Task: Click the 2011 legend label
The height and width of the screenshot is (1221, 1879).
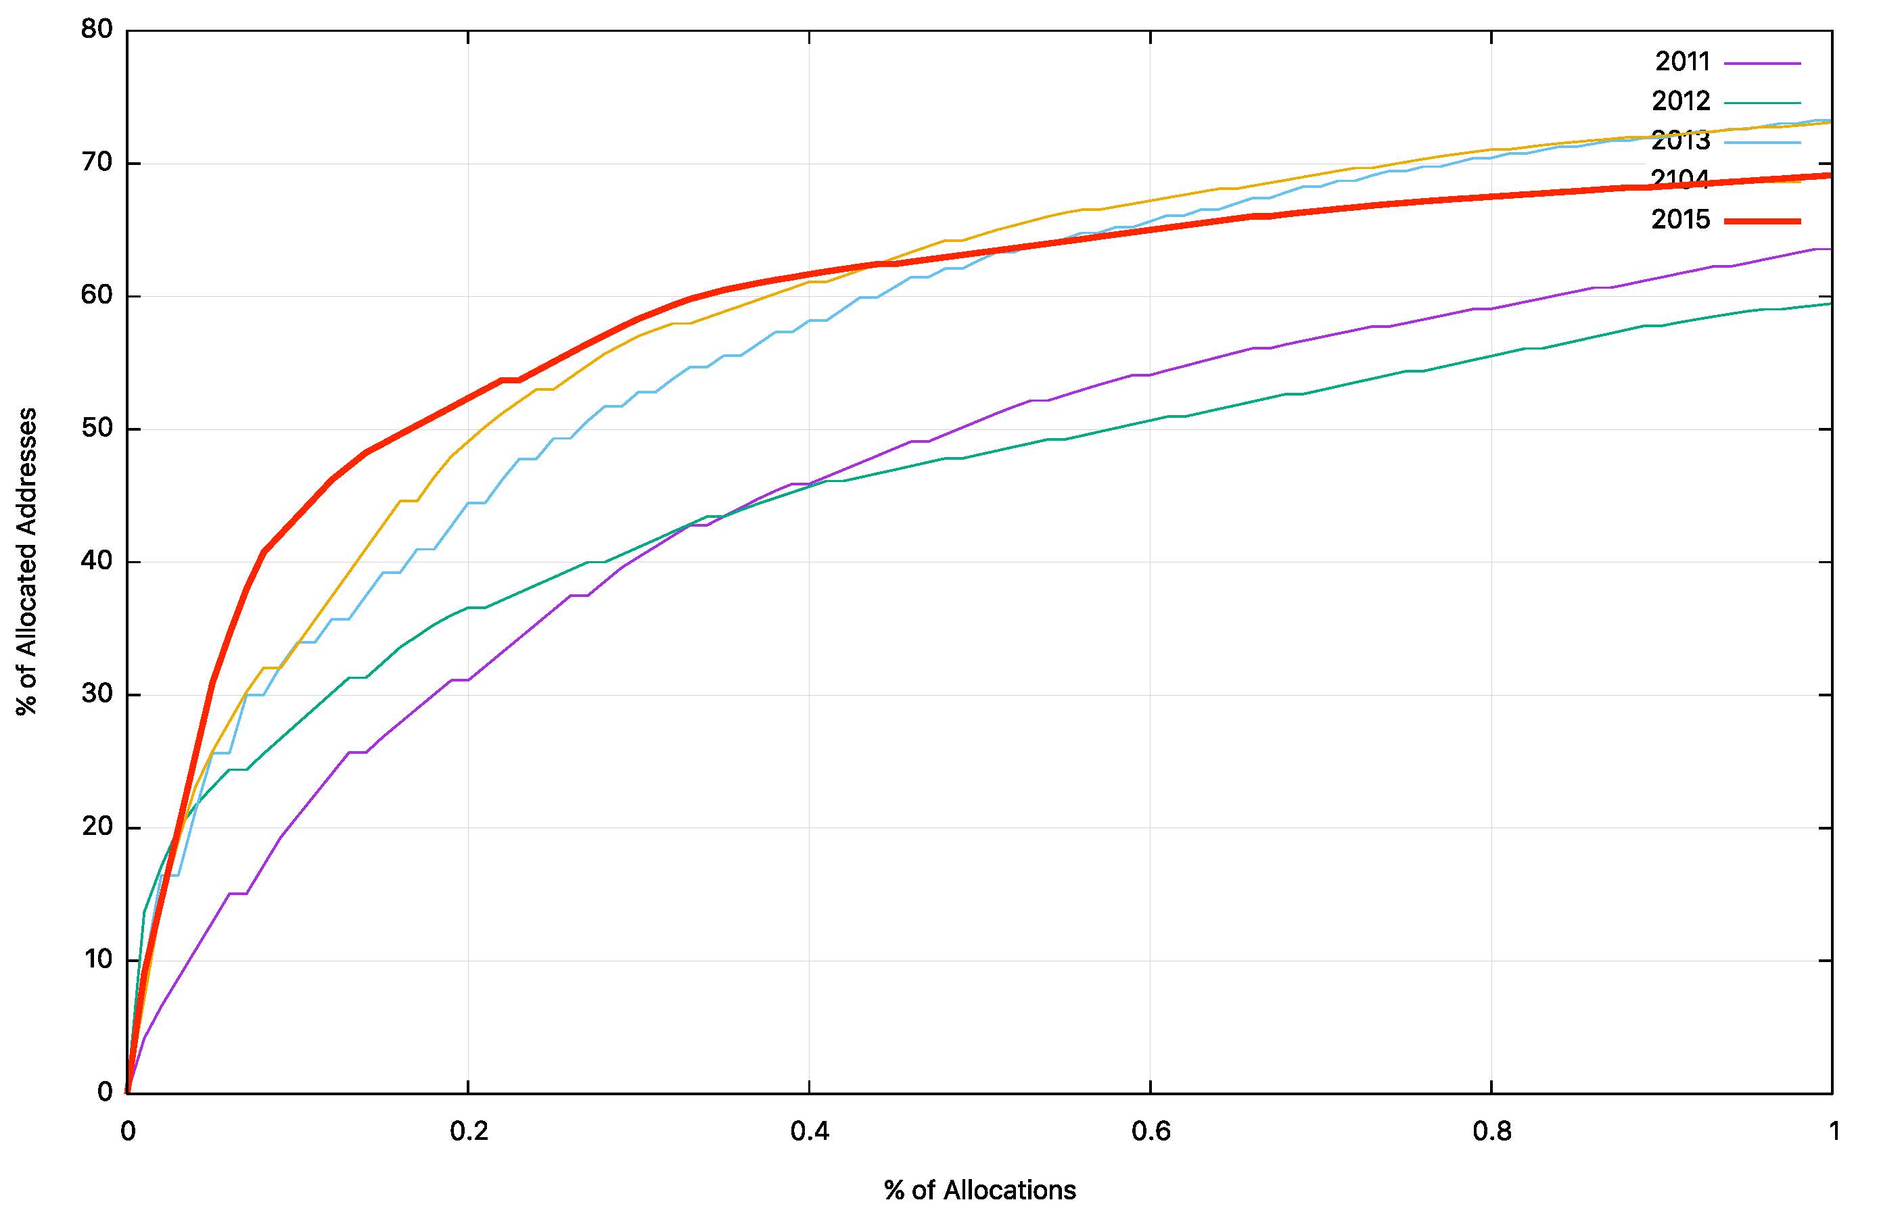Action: [x=1681, y=62]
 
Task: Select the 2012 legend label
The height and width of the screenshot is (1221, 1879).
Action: [x=1681, y=101]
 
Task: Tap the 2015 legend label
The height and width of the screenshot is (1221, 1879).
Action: [x=1681, y=220]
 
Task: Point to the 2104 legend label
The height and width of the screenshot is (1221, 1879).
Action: [x=1681, y=178]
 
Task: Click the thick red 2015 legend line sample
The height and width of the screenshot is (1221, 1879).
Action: [x=1762, y=221]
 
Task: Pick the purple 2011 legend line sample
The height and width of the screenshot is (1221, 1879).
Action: [x=1762, y=62]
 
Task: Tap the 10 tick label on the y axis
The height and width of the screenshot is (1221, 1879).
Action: [x=98, y=960]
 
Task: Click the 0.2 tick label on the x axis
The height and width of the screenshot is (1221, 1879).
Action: [x=469, y=1132]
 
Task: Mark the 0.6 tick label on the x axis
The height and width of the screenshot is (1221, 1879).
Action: [x=1151, y=1132]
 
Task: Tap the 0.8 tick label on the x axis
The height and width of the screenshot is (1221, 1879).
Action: [x=1492, y=1132]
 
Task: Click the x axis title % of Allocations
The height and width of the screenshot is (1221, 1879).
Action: [x=980, y=1190]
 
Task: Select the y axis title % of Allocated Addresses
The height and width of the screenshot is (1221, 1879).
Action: [x=27, y=561]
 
